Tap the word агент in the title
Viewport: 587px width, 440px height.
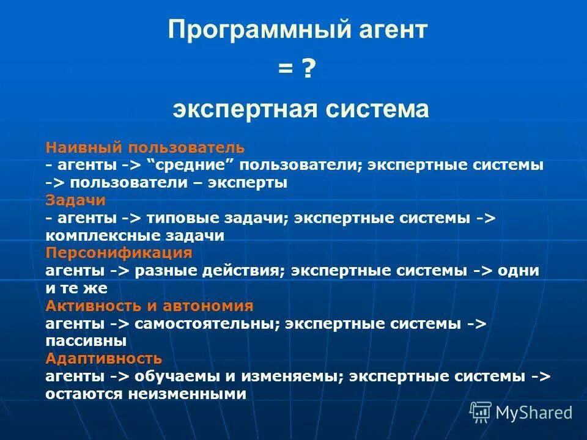[x=387, y=31]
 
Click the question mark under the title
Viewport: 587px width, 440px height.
[x=308, y=70]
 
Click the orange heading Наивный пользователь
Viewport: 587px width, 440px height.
[x=145, y=148]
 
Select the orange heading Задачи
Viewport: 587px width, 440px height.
[x=76, y=200]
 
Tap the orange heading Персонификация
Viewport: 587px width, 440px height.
[x=119, y=253]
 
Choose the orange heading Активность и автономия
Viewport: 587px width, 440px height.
[x=149, y=306]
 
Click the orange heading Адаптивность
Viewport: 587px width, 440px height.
[x=103, y=358]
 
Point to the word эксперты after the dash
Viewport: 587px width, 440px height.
[x=248, y=183]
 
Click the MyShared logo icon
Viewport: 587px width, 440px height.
[x=481, y=413]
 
